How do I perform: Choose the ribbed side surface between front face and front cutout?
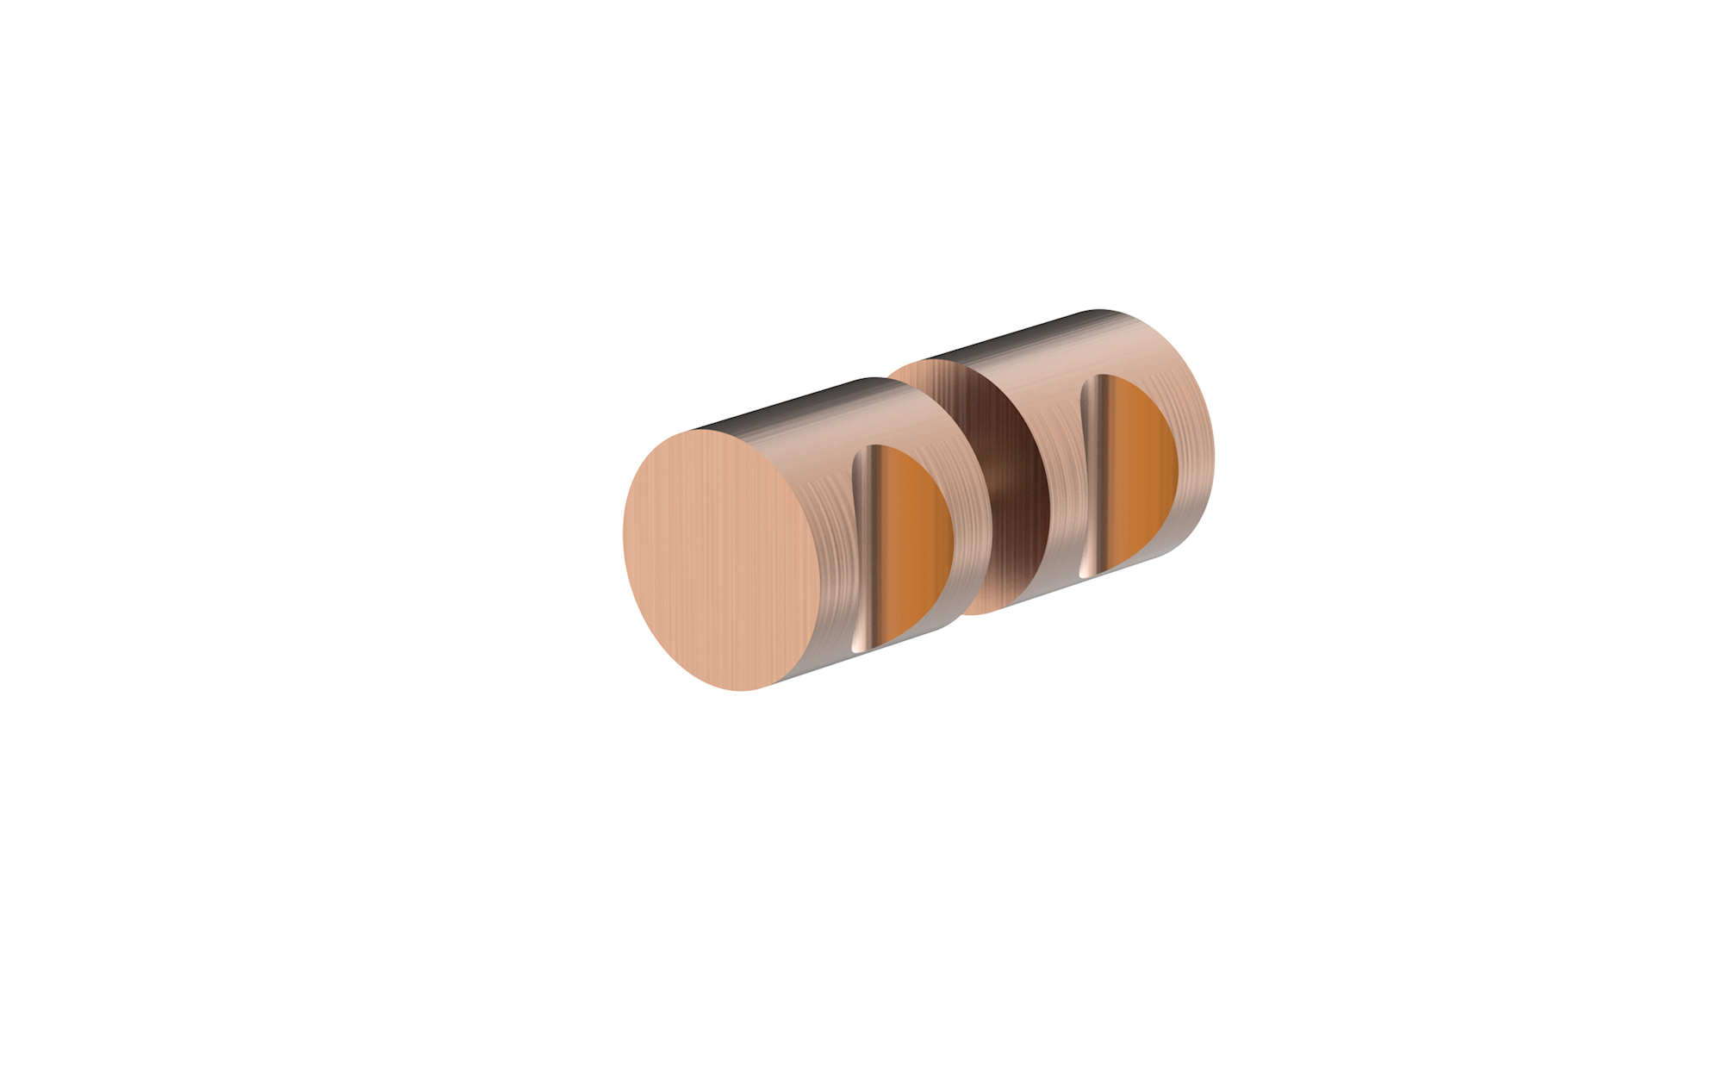[831, 551]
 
